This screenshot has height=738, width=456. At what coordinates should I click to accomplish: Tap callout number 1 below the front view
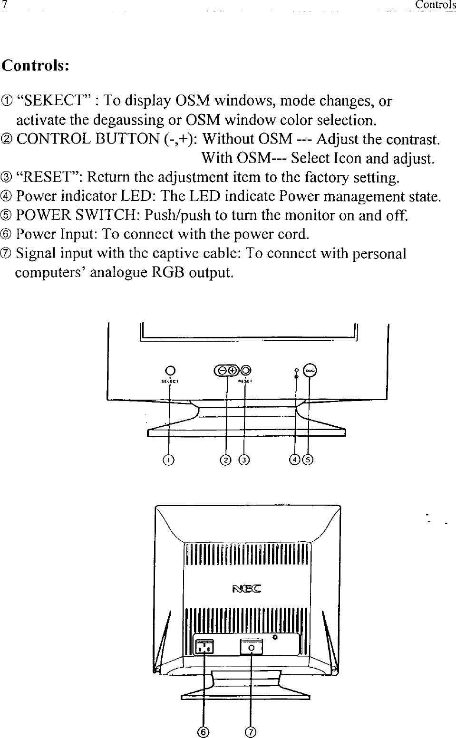(168, 460)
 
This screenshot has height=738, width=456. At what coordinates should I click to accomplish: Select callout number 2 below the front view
(226, 460)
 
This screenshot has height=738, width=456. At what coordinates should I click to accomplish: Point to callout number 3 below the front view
(244, 460)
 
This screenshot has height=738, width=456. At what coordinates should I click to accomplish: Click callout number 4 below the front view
(295, 460)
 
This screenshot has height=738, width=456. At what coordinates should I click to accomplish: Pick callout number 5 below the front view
(309, 460)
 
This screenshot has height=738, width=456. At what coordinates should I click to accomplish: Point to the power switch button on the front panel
(310, 371)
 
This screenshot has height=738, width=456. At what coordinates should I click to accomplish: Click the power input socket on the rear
(205, 646)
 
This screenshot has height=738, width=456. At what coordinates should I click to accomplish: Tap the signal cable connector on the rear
(252, 647)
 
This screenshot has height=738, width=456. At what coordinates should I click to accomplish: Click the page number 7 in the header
(4, 5)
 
